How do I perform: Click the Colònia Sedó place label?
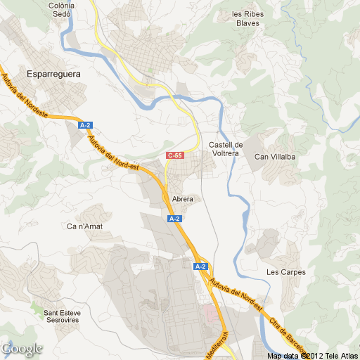82,9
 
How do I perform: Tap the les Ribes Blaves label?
246,18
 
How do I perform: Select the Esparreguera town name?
53,73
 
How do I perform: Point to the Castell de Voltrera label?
226,148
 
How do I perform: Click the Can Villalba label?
274,157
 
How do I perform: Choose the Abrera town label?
182,199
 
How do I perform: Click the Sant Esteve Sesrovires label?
60,316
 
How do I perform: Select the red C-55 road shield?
174,155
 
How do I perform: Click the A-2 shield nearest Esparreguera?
86,125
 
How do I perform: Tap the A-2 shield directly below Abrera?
175,219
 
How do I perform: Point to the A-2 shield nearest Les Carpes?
200,266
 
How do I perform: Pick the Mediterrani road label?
217,345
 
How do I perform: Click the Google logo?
22,349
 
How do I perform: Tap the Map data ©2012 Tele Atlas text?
312,355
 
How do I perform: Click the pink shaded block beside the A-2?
208,311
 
